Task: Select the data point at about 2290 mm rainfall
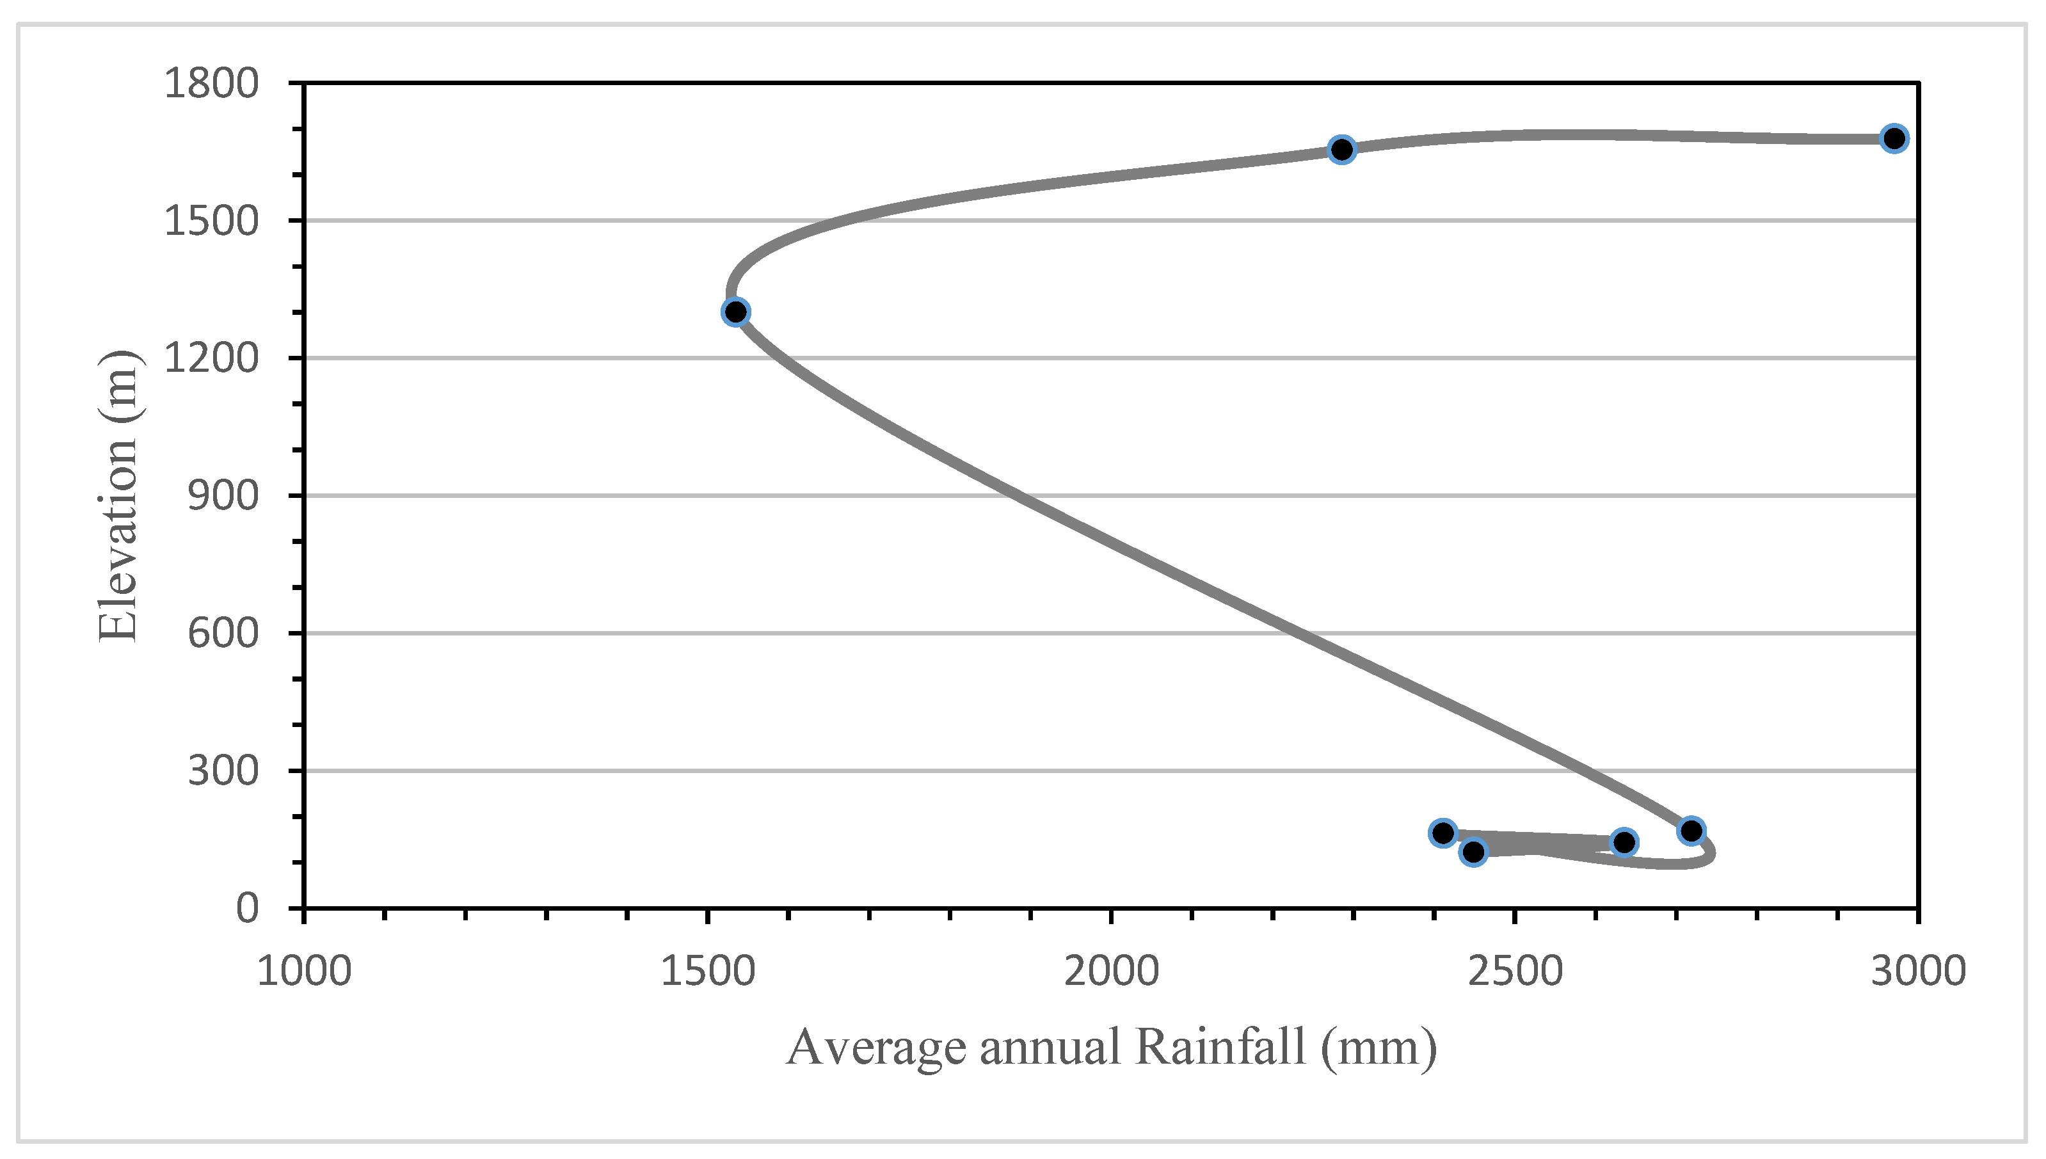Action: pyautogui.click(x=1342, y=149)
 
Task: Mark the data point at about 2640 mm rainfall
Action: pyautogui.click(x=1624, y=842)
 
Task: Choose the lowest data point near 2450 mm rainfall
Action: pyautogui.click(x=1473, y=852)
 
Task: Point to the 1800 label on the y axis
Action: pyautogui.click(x=211, y=84)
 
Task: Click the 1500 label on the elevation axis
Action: pyautogui.click(x=211, y=221)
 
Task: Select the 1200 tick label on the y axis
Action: pyautogui.click(x=211, y=358)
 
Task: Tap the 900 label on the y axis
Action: pyautogui.click(x=223, y=496)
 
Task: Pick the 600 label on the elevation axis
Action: pyautogui.click(x=223, y=634)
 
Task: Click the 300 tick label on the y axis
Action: pyautogui.click(x=223, y=771)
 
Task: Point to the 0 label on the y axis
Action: pyautogui.click(x=248, y=908)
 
